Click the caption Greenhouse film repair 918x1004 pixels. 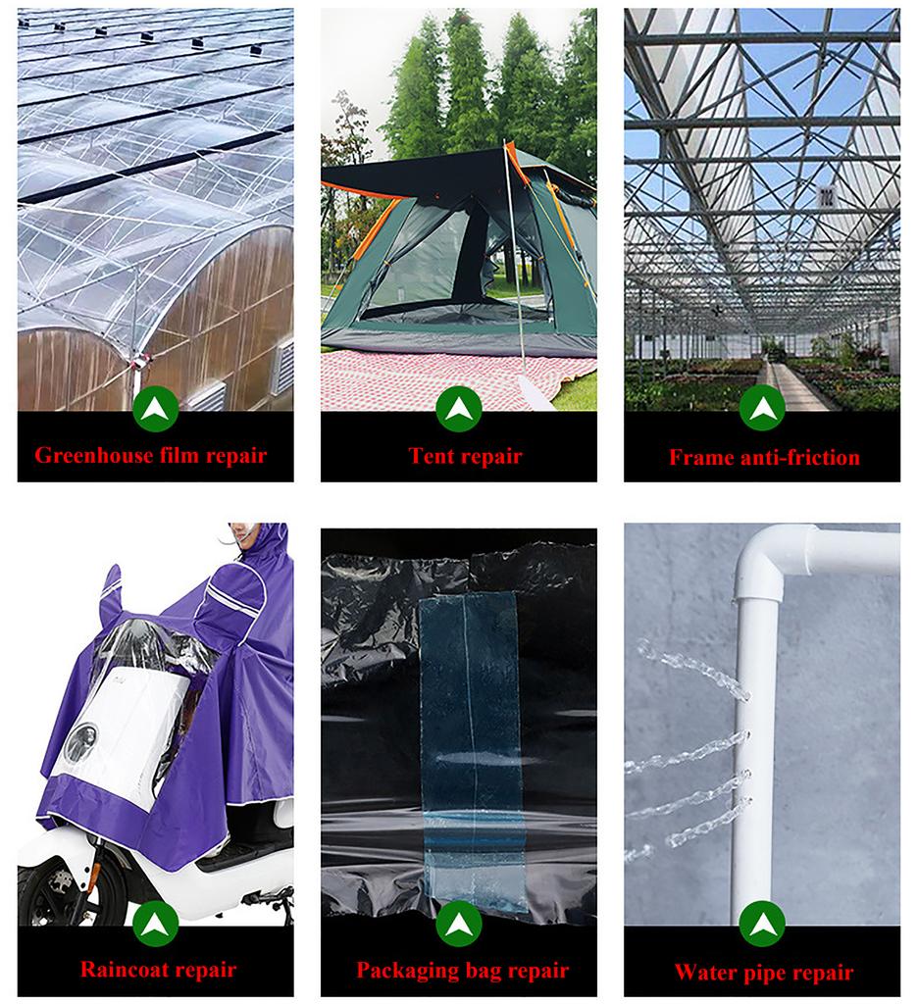[151, 456]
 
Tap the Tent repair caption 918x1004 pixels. [465, 456]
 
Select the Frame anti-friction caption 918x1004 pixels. [764, 457]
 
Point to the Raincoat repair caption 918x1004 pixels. [158, 970]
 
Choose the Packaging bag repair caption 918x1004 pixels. [462, 971]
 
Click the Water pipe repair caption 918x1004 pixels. [763, 973]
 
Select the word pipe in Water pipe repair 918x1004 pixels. [762, 973]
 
